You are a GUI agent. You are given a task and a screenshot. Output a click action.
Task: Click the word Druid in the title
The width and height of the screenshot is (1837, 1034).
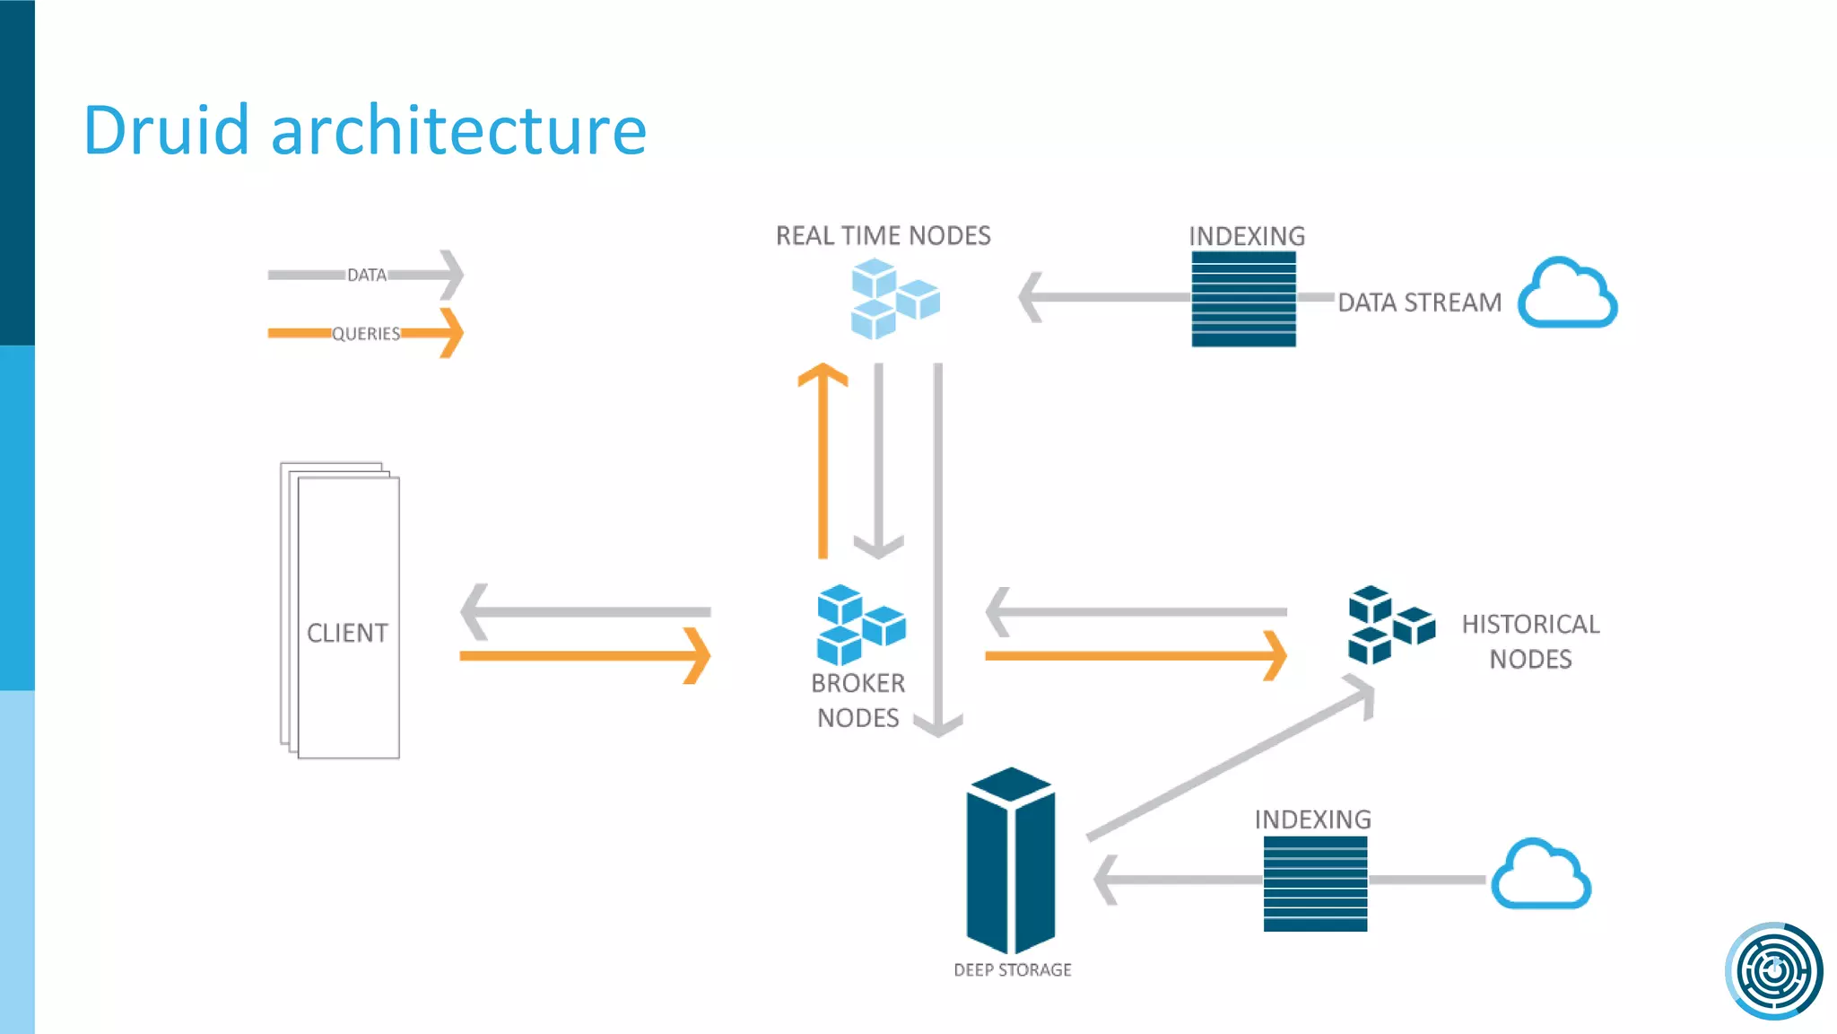coord(166,130)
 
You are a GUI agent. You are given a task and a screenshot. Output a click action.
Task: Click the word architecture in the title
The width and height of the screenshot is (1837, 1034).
coord(458,130)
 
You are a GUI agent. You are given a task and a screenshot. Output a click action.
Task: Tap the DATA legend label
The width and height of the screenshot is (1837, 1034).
coord(367,275)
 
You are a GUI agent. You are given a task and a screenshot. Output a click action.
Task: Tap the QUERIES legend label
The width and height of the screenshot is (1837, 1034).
coord(366,334)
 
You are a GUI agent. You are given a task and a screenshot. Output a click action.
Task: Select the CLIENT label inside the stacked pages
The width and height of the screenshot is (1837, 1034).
coord(347,633)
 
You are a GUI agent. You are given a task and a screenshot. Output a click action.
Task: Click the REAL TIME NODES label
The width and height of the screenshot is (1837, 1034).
coord(883,235)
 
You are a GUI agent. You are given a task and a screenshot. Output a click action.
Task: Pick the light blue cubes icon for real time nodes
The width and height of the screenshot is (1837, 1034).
coord(893,298)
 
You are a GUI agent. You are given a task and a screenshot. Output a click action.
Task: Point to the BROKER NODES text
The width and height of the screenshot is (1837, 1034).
coord(858,700)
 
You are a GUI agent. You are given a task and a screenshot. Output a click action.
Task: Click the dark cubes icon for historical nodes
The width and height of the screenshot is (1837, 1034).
coord(1389,625)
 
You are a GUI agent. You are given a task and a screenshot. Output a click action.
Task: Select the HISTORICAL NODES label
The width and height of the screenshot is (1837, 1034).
coord(1530,641)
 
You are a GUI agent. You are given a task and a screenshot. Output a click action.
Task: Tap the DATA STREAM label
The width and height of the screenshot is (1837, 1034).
coord(1419,302)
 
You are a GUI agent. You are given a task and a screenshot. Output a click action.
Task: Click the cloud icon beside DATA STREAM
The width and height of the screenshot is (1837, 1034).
coord(1567,294)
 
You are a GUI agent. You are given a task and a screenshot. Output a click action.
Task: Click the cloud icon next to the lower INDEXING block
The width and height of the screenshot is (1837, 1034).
coord(1540,875)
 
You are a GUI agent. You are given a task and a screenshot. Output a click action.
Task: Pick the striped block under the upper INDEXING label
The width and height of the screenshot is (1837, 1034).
coord(1243,299)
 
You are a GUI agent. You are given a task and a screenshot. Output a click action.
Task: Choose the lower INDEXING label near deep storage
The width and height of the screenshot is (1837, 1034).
coord(1312,819)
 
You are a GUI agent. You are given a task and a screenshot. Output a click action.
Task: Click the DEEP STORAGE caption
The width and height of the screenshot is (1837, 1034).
coord(1012,969)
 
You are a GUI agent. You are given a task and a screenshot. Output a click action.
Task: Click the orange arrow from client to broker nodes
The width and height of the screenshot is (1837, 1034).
coord(584,656)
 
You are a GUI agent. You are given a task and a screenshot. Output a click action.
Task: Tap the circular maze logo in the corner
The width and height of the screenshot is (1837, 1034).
coord(1773,970)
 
